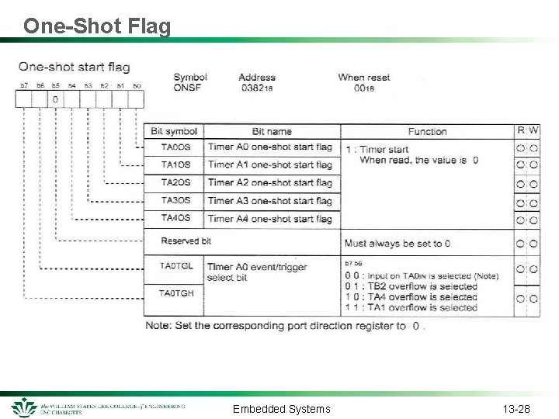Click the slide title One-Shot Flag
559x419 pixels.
tap(97, 26)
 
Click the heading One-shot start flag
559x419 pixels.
tap(75, 67)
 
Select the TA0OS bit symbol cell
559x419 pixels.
tap(175, 147)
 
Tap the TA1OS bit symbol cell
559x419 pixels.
tap(175, 164)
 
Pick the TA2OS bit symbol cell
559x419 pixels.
tap(175, 182)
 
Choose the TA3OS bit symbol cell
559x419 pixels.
tap(175, 200)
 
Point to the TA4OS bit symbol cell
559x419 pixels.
tap(175, 218)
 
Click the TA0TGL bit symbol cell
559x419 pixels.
tap(176, 267)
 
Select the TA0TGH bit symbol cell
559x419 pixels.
tap(176, 293)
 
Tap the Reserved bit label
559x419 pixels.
tap(186, 241)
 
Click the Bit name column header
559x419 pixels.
tap(272, 131)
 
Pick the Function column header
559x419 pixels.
tap(427, 131)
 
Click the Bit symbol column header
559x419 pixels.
tap(174, 131)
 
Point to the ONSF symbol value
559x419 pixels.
tap(189, 88)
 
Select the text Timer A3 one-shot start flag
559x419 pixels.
tap(269, 200)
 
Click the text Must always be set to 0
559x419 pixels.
tap(397, 243)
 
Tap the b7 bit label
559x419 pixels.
tap(24, 85)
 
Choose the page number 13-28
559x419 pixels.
tap(516, 409)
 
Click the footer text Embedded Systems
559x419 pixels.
tap(281, 409)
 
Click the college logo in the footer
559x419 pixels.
tap(25, 407)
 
